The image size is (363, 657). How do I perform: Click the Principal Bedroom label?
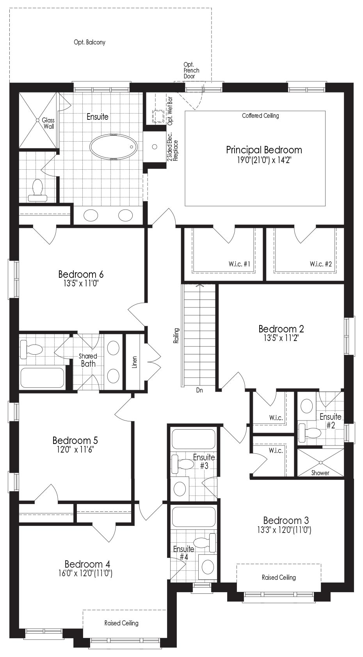coord(264,150)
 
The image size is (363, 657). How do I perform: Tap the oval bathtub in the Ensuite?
coord(113,147)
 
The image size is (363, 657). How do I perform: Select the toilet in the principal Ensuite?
coord(37,190)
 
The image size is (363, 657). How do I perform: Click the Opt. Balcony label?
coord(89,42)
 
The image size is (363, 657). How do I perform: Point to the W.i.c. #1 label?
coord(239,264)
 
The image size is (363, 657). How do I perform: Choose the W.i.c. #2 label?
coord(321,264)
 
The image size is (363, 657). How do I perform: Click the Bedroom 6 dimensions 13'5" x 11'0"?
coord(81,284)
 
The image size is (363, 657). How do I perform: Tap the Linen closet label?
coord(135,362)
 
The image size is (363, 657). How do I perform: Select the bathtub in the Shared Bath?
coord(42,378)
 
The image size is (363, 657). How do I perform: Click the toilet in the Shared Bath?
coord(32,349)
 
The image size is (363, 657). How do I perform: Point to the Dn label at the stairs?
coord(199,390)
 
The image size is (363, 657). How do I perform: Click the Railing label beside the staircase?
coord(176,336)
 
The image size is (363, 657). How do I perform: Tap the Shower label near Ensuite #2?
coord(320,473)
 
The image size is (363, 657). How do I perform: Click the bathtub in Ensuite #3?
coord(193,439)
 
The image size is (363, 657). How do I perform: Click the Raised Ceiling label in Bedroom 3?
coord(279,577)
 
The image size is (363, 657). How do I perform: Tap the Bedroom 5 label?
coord(75,440)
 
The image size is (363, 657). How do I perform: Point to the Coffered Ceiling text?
coord(261,115)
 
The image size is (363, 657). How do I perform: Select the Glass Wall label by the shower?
coord(48,123)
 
